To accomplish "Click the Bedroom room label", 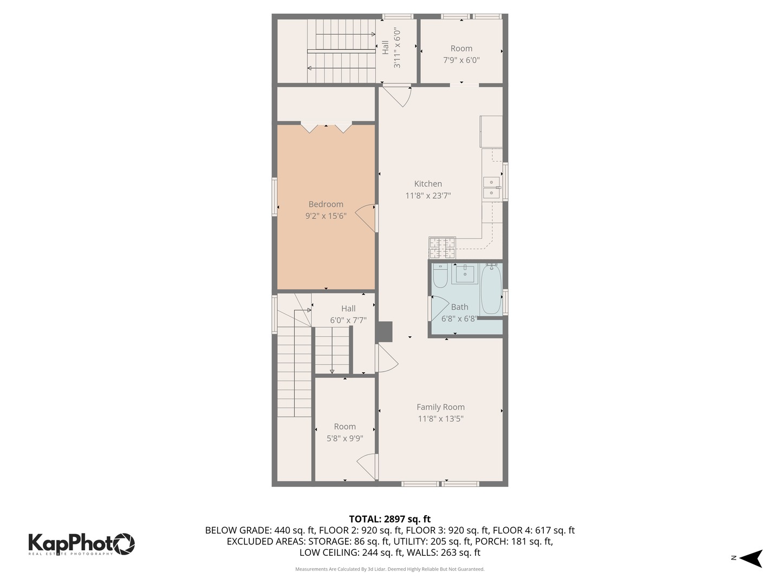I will click(326, 204).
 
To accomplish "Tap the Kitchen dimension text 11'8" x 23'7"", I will click(428, 196).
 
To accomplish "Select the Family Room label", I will click(440, 407).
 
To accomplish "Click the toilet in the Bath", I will click(440, 276).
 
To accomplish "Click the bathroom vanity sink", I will click(464, 274).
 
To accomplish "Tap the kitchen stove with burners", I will click(443, 248).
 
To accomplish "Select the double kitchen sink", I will click(492, 187).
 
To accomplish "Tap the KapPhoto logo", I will click(81, 543).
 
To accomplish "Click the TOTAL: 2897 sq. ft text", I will click(389, 519).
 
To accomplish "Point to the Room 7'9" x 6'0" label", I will click(461, 54).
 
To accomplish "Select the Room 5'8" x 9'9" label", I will click(344, 432).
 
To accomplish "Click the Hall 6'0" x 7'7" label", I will click(348, 314).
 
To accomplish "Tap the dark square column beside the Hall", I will click(385, 332).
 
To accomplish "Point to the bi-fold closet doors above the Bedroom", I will click(326, 127).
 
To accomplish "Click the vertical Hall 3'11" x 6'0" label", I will click(391, 48).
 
